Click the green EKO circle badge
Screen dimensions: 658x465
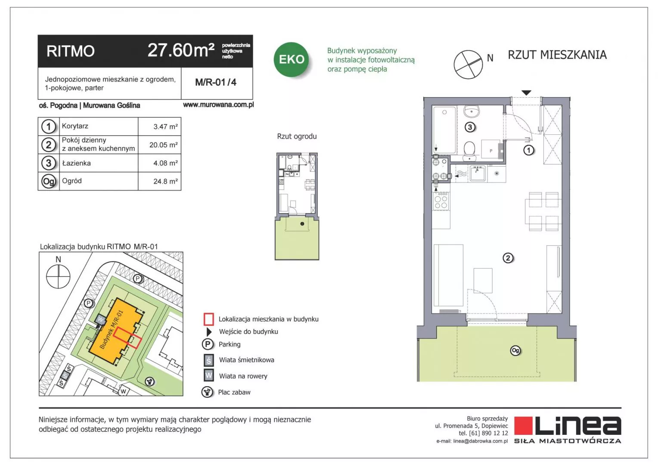coord(291,59)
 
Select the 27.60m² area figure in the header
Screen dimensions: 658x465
coord(181,50)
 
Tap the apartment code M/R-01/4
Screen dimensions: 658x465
coord(216,82)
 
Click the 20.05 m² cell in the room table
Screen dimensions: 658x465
coord(163,145)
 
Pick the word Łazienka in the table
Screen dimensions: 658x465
coord(76,163)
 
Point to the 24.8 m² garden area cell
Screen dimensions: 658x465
coord(165,181)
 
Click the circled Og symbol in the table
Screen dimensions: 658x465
coord(49,182)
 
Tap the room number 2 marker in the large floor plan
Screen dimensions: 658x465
coord(508,258)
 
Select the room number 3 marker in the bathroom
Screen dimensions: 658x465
coord(470,127)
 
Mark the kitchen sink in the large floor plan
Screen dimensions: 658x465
coord(477,174)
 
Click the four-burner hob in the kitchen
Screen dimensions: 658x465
coord(441,201)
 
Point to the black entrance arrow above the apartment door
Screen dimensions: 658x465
coord(526,93)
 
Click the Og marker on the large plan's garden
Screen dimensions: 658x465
coord(515,350)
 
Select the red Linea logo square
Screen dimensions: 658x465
coord(523,426)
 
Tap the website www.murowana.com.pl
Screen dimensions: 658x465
coord(218,105)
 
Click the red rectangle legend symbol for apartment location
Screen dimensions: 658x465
coord(208,319)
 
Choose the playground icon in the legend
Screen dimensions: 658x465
coord(208,392)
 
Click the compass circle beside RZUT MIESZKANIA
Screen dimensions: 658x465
coord(468,65)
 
